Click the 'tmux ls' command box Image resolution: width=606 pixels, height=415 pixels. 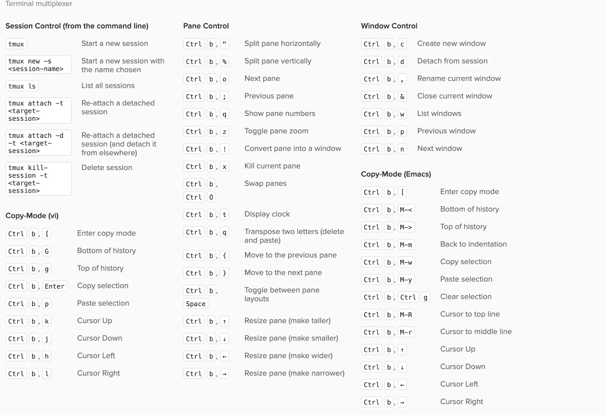[x=22, y=86]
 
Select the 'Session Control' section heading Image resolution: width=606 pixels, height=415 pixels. [x=77, y=26]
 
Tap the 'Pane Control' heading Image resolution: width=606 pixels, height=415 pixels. [x=206, y=26]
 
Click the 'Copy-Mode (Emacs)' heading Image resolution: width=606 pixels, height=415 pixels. [x=396, y=174]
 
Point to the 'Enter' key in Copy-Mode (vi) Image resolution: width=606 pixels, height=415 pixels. [x=55, y=286]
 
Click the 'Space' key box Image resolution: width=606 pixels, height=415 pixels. [x=195, y=304]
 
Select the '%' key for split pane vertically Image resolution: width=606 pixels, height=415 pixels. [x=224, y=61]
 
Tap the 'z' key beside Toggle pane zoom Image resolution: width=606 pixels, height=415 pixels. [x=224, y=131]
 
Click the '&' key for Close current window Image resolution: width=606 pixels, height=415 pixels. [x=402, y=97]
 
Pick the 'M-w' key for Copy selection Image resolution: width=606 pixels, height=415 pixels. [x=406, y=262]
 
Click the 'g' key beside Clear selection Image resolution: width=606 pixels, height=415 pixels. [x=425, y=297]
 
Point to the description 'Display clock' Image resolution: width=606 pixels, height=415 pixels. [x=267, y=214]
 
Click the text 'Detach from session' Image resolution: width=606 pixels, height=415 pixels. [x=452, y=61]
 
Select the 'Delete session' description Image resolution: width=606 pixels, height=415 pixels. [x=107, y=168]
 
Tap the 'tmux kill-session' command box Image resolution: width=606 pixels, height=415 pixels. [x=38, y=179]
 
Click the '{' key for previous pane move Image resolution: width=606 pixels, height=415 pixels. [x=224, y=256]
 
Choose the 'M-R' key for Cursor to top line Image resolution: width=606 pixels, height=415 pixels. [x=406, y=315]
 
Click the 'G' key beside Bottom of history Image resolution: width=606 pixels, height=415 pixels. [x=47, y=251]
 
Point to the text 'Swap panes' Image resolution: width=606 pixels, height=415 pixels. [x=266, y=184]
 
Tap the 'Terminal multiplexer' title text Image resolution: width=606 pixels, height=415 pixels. [x=39, y=4]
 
